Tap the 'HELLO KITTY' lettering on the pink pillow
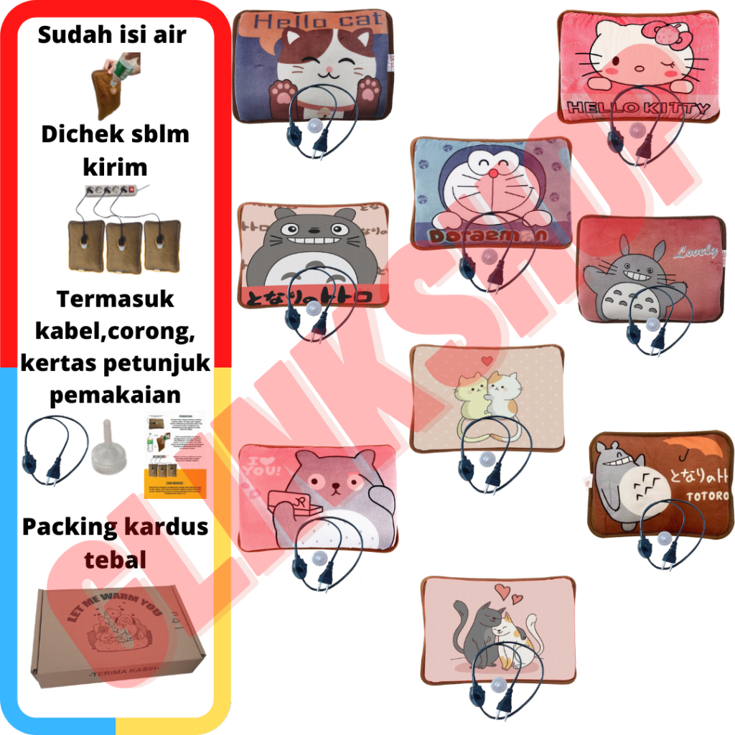click(638, 109)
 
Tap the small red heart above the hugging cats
click(487, 360)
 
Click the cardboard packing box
click(118, 632)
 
